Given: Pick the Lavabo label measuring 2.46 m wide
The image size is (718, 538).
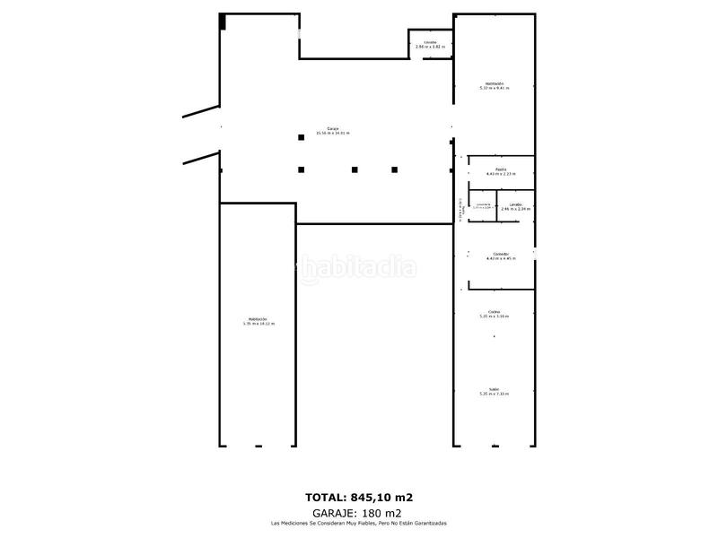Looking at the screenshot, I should tap(515, 206).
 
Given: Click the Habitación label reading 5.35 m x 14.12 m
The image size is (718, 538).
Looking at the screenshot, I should tap(258, 321).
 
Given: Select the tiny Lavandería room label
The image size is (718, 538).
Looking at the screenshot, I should tap(484, 206).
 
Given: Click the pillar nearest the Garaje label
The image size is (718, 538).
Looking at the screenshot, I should tap(302, 137).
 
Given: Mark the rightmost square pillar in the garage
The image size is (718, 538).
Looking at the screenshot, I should tap(394, 169).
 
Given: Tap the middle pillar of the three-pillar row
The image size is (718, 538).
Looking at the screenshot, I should tap(355, 169).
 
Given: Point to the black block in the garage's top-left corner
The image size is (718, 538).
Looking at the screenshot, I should tap(223, 22).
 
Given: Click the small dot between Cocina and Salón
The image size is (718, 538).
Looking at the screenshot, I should tap(494, 336).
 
